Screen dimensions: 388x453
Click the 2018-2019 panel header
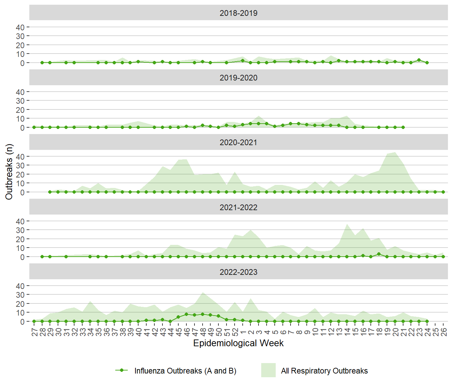point(238,13)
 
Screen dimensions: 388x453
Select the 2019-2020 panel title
point(238,78)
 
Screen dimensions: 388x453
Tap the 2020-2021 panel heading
point(238,142)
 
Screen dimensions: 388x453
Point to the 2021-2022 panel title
point(238,207)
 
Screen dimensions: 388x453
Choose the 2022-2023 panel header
point(238,272)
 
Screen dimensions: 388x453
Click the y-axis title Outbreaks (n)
point(9,172)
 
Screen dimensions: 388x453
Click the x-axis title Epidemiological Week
point(238,343)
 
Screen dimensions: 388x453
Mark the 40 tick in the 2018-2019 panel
point(20,27)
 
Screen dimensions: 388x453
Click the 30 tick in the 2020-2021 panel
point(20,165)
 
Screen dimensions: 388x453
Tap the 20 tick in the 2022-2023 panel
point(20,304)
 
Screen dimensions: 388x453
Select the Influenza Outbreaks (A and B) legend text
point(185,371)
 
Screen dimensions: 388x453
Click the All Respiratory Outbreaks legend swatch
point(268,370)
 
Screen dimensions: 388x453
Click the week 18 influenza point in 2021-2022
point(379,254)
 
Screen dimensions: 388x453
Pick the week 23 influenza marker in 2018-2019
point(419,60)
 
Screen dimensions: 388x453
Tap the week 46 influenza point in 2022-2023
point(186,314)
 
